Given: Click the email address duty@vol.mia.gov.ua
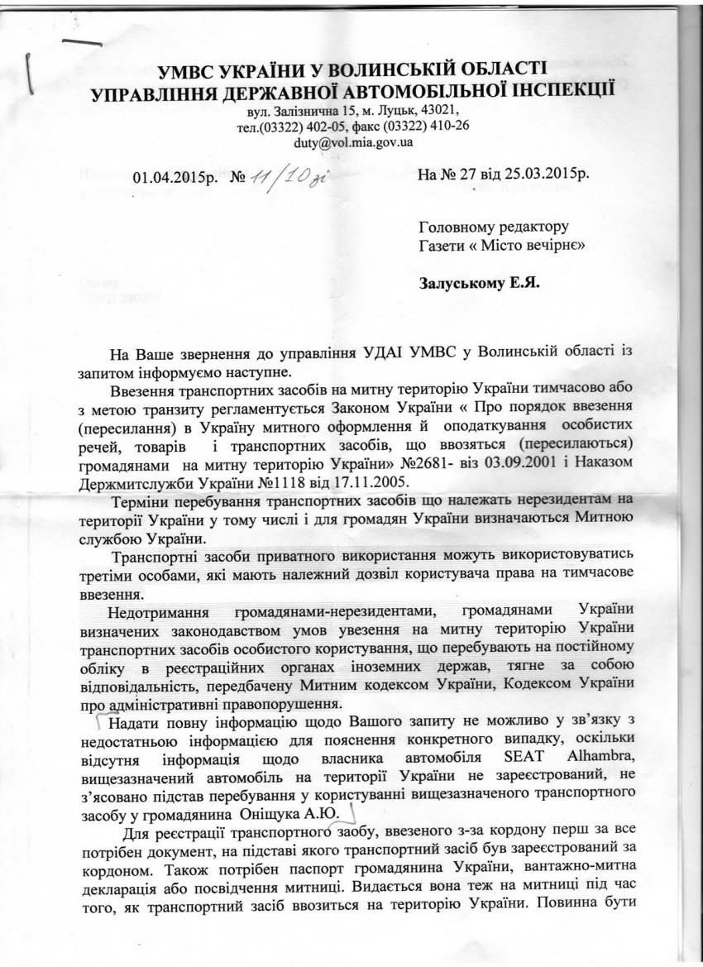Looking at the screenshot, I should point(354,141).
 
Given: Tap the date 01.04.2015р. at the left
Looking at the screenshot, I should point(172,177).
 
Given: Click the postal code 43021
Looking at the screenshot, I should point(439,110).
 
